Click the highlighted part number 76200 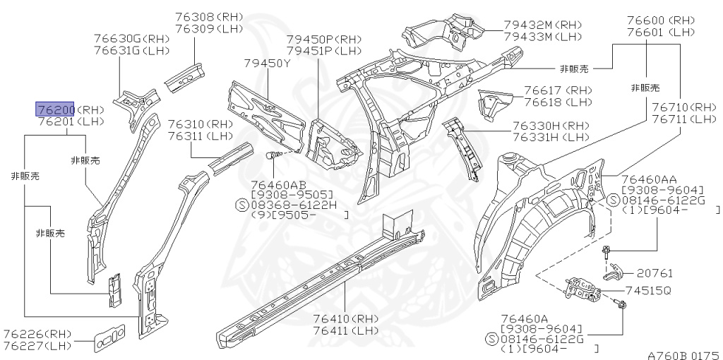56,109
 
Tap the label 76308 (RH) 208,16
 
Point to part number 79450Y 268,64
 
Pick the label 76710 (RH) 683,107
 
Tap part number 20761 655,272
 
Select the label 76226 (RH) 37,334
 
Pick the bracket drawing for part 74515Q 585,288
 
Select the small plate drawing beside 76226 109,337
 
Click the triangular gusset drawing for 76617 496,102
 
